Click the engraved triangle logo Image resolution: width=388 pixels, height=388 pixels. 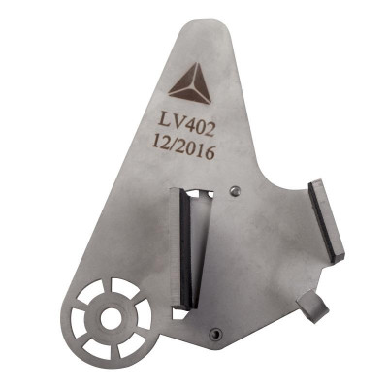(191, 84)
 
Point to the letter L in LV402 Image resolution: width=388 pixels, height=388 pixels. (164, 121)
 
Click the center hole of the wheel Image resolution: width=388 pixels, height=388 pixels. (111, 319)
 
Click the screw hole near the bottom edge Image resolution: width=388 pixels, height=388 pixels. (215, 334)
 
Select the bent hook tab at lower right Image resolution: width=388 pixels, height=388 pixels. (312, 306)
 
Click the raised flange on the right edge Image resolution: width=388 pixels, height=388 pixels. (327, 221)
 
